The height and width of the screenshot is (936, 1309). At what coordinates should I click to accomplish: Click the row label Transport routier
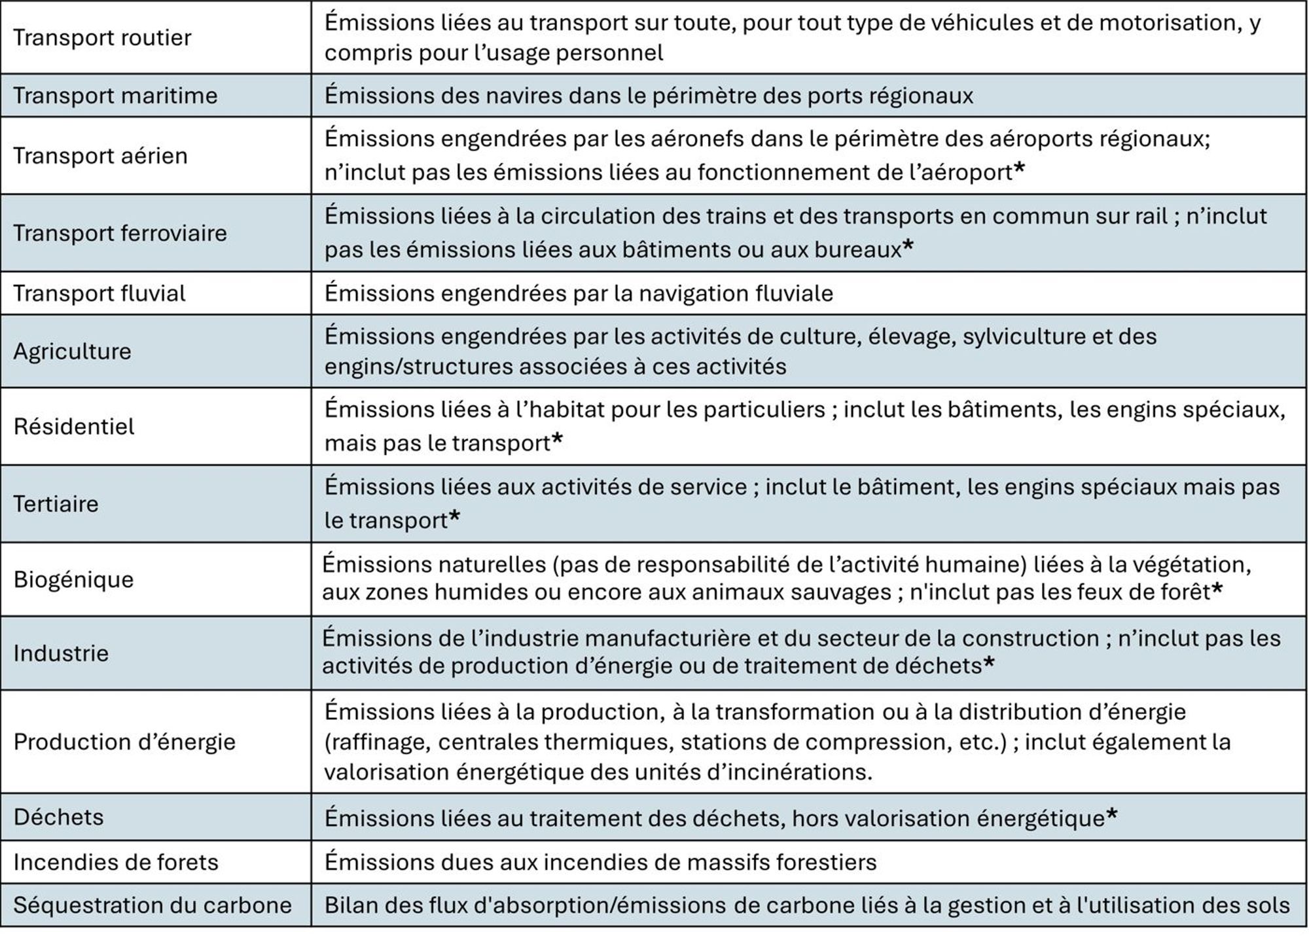point(102,38)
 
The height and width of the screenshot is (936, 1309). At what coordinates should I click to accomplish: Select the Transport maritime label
point(115,96)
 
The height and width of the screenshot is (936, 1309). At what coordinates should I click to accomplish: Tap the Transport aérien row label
point(100,156)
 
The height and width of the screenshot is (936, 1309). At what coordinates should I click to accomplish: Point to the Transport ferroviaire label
point(120,233)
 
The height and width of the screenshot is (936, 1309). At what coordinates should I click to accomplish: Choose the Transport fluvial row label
point(99,293)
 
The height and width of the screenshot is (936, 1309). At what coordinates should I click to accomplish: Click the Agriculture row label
point(72,351)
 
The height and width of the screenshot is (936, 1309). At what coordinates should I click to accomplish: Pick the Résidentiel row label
point(74,427)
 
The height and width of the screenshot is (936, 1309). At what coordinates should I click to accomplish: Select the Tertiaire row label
point(56,504)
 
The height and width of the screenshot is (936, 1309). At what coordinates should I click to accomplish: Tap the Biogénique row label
point(73,579)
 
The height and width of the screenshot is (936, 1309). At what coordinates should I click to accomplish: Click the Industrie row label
point(61,653)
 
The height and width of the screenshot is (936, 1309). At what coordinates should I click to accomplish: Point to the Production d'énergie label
point(124,742)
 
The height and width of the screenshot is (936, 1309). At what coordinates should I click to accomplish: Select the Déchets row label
point(58,817)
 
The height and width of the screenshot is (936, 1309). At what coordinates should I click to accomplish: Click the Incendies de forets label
point(115,862)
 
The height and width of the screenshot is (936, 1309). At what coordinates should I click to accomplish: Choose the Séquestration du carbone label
point(152,905)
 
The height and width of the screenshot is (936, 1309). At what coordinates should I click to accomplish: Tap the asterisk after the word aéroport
point(1019,170)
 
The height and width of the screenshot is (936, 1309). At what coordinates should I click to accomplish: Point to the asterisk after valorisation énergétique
point(1111,815)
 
